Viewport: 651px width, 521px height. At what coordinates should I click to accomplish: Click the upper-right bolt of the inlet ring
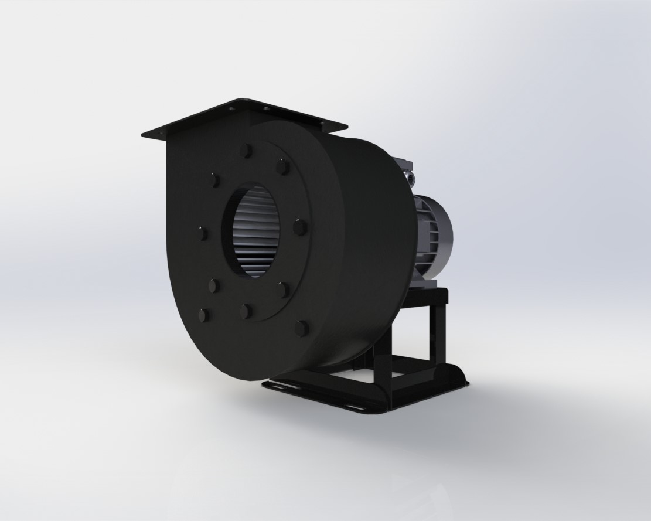(283, 168)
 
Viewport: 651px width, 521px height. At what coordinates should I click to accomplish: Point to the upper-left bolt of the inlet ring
(212, 179)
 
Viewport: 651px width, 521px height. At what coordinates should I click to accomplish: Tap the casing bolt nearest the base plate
(301, 328)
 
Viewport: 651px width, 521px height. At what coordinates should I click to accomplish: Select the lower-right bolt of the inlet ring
(281, 289)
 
